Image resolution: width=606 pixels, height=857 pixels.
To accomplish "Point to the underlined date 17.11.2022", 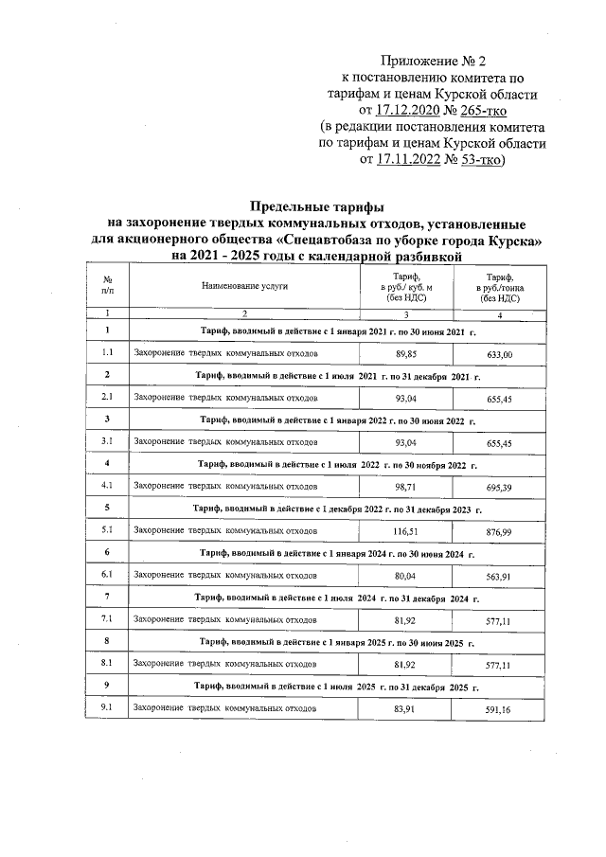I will (415, 160).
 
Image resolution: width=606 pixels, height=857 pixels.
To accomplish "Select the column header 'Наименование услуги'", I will (243, 284).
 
